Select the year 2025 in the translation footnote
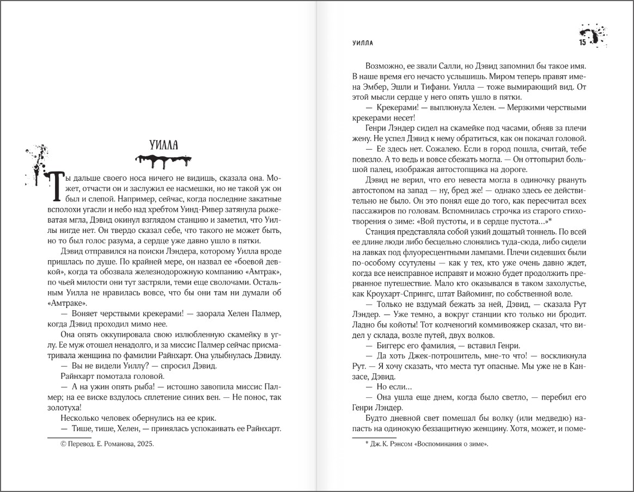pyautogui.click(x=144, y=444)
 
